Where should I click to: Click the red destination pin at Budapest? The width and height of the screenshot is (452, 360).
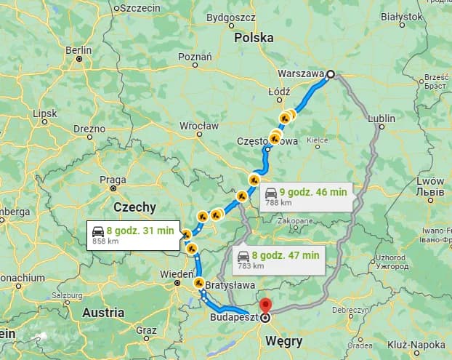265,307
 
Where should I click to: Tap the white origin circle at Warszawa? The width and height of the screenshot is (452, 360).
331,73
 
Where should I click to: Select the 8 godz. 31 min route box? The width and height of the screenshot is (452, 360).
134,235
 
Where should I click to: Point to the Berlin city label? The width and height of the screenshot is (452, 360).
78,50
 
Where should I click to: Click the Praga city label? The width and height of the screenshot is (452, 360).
113,180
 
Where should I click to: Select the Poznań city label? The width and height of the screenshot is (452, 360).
195,56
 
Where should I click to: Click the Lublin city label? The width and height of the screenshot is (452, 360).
382,118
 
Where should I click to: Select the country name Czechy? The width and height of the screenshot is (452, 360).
134,207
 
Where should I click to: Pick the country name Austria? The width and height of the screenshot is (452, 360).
103,313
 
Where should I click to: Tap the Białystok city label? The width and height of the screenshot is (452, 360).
402,15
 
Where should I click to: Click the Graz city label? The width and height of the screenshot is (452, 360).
146,329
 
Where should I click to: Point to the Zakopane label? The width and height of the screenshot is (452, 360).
294,220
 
